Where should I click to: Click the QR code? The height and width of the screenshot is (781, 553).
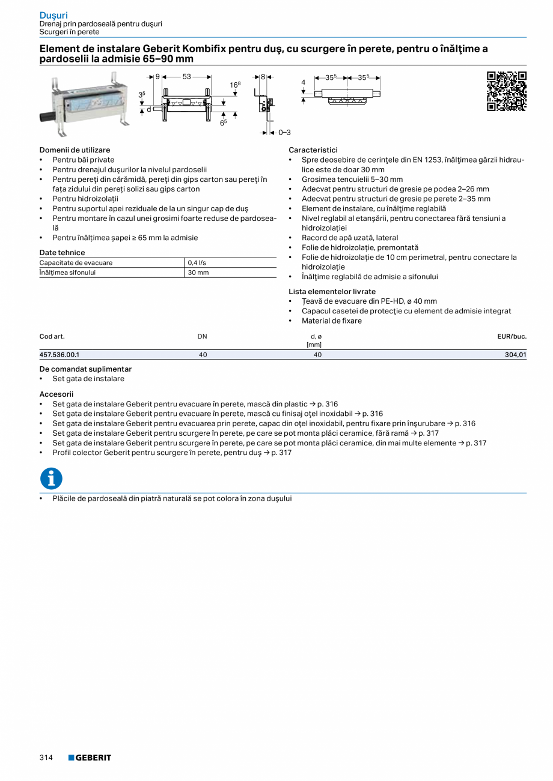506,91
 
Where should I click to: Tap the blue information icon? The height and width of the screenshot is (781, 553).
51,478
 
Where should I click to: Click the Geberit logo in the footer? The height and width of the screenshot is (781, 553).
90,758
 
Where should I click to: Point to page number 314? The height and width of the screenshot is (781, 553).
46,758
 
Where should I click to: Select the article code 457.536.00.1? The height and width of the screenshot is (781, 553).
60,355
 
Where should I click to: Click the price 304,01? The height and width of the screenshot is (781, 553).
515,355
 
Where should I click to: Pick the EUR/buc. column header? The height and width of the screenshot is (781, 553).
512,336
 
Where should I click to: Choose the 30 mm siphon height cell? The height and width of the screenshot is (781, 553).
198,273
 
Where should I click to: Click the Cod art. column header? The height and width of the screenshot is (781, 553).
52,336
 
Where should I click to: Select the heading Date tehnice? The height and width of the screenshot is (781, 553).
62,253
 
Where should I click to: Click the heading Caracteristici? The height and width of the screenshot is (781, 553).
313,150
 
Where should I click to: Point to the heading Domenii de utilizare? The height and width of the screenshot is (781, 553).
75,150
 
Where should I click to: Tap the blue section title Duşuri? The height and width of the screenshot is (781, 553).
53,14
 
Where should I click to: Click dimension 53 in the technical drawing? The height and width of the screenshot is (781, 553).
186,77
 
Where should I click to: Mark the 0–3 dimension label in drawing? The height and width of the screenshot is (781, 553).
284,132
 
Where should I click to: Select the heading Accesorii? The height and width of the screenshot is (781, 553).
56,394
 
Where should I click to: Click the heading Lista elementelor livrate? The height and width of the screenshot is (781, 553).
332,292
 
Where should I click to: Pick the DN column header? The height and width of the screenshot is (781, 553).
203,336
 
